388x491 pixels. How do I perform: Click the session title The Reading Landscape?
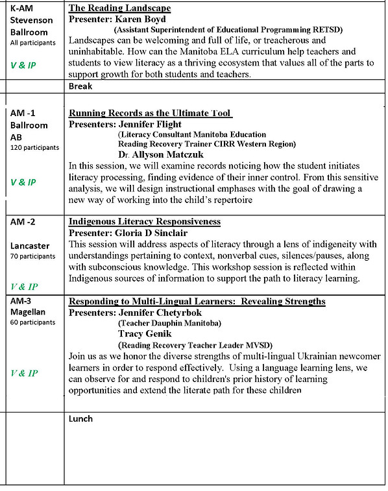119,8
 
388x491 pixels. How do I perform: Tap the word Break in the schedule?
80,86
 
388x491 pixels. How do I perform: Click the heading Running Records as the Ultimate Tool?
150,113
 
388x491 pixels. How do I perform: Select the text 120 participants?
34,147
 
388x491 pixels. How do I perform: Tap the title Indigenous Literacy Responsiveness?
144,222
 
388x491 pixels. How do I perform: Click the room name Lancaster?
31,246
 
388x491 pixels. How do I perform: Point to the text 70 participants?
32,257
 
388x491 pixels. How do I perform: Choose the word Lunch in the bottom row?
80,418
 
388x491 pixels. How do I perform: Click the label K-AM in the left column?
23,8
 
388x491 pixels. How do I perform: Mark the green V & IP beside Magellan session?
24,373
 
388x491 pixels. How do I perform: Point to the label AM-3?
23,302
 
